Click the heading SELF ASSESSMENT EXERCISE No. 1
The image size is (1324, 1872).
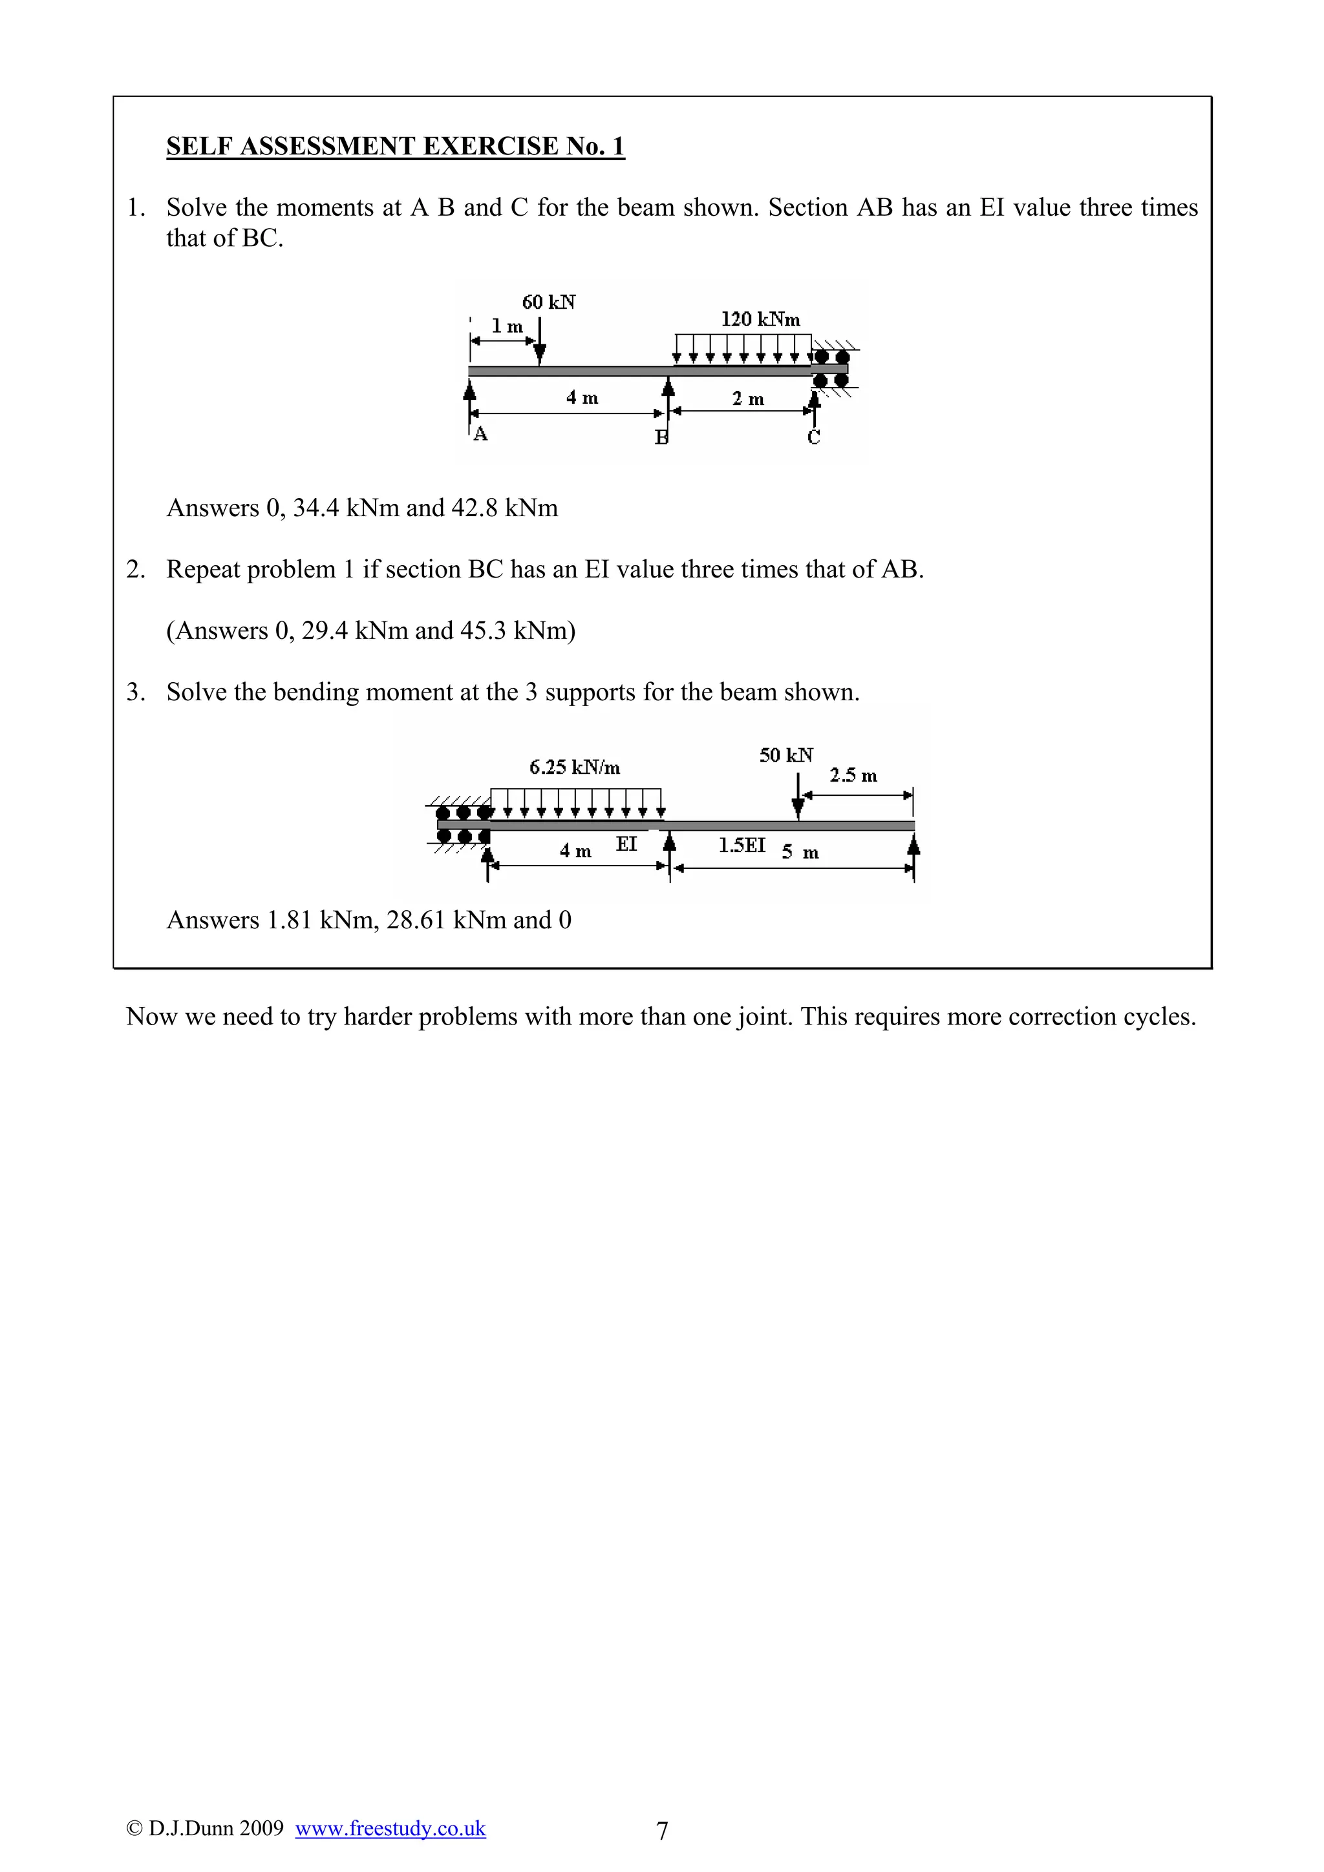point(395,146)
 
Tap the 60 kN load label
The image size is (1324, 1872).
point(548,302)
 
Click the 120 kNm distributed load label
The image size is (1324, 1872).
point(760,320)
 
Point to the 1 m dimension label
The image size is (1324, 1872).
point(507,327)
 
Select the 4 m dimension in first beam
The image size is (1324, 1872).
point(582,398)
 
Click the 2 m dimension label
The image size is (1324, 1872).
point(747,399)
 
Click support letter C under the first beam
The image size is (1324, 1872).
point(813,438)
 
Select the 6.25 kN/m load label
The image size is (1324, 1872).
point(574,767)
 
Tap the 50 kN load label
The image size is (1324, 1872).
point(785,756)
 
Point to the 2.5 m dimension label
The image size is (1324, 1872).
point(853,775)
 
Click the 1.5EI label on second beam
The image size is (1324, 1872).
point(742,846)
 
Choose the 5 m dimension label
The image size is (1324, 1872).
point(800,853)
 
